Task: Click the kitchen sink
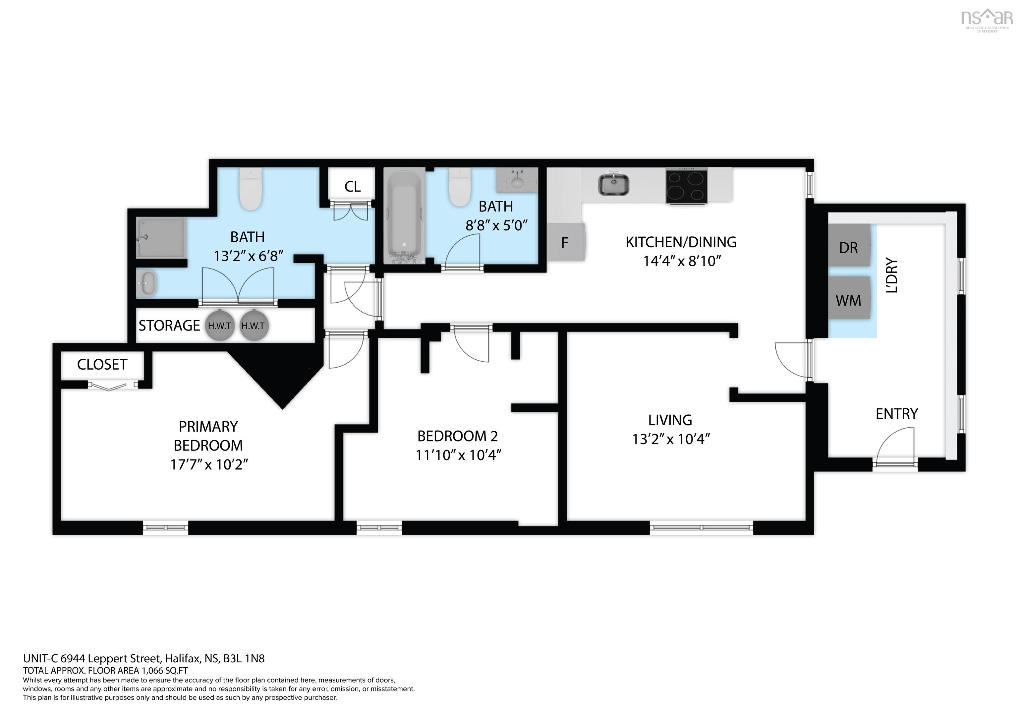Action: click(x=614, y=184)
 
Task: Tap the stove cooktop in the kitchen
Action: click(x=686, y=186)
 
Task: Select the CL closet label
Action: click(x=353, y=186)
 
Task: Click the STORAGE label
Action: click(x=169, y=326)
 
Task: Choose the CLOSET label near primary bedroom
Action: click(x=102, y=365)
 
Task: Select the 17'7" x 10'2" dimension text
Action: click(x=209, y=464)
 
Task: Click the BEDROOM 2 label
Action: click(x=458, y=436)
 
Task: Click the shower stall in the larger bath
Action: click(x=160, y=237)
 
